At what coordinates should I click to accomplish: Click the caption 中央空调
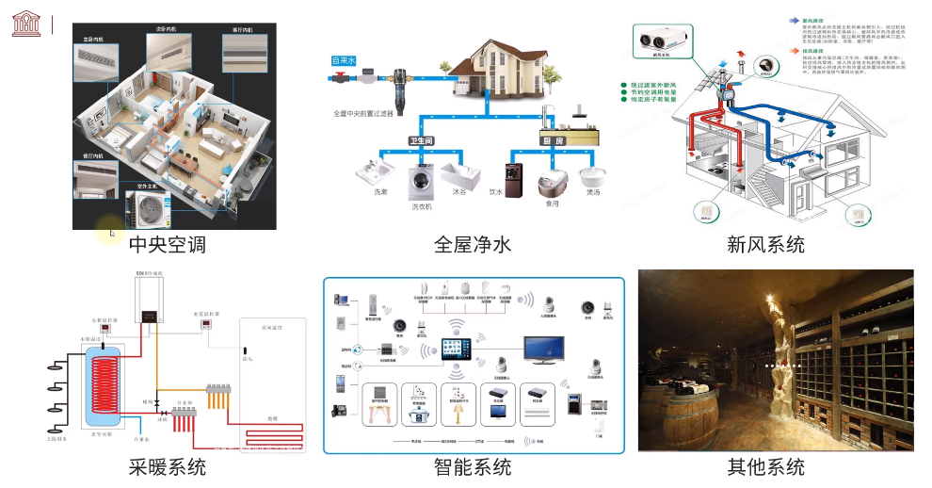coord(167,245)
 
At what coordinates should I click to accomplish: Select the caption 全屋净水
coord(473,245)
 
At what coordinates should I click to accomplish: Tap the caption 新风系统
coord(765,245)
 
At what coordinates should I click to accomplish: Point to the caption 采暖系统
coord(167,467)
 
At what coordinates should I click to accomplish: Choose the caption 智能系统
coord(473,467)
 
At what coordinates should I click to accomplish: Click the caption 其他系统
coord(765,467)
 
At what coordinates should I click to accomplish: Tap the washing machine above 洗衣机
coord(421,181)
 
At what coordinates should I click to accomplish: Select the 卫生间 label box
coord(420,140)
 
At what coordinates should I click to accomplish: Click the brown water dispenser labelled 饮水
coord(514,179)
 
